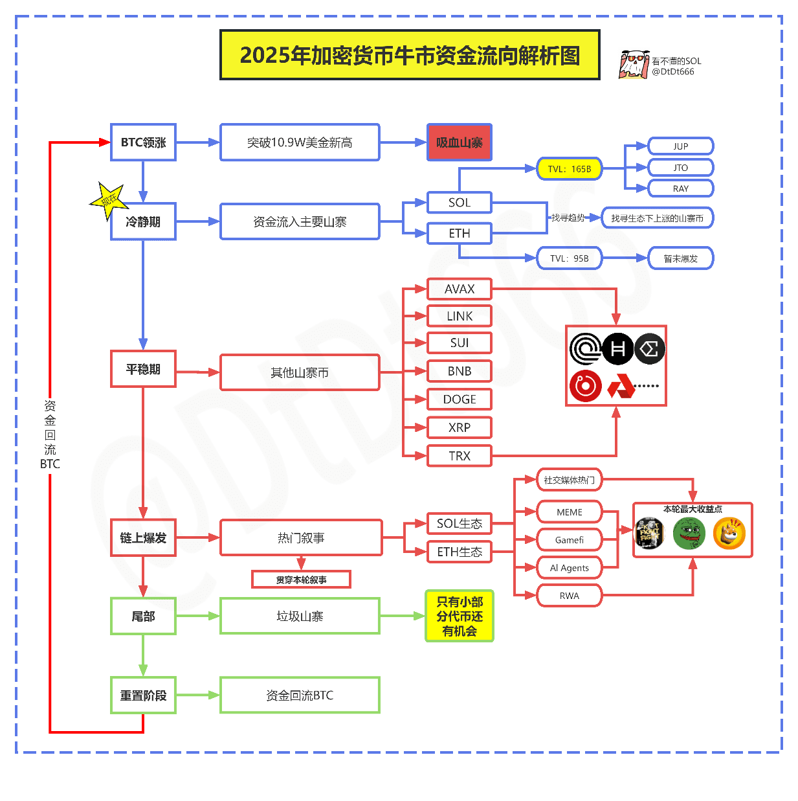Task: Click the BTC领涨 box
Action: [x=143, y=142]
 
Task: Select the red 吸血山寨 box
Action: [x=460, y=142]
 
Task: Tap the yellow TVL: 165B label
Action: [x=570, y=169]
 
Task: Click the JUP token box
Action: [x=680, y=146]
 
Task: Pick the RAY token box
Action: [x=680, y=189]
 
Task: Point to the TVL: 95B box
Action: [x=570, y=258]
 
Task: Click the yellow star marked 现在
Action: [x=107, y=200]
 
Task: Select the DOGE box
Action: [x=460, y=400]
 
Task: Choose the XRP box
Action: [x=460, y=428]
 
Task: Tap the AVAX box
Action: [x=460, y=289]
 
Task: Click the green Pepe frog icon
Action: [x=689, y=534]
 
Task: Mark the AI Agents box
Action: [x=570, y=568]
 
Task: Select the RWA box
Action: [x=570, y=596]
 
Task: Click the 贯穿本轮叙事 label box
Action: [x=301, y=580]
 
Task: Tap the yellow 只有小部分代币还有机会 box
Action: [x=460, y=616]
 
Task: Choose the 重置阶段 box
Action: [x=143, y=695]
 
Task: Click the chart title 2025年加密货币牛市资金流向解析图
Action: [x=410, y=56]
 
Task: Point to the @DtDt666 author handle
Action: [x=673, y=72]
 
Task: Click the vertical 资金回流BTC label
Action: [x=50, y=434]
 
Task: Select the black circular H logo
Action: [x=617, y=350]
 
